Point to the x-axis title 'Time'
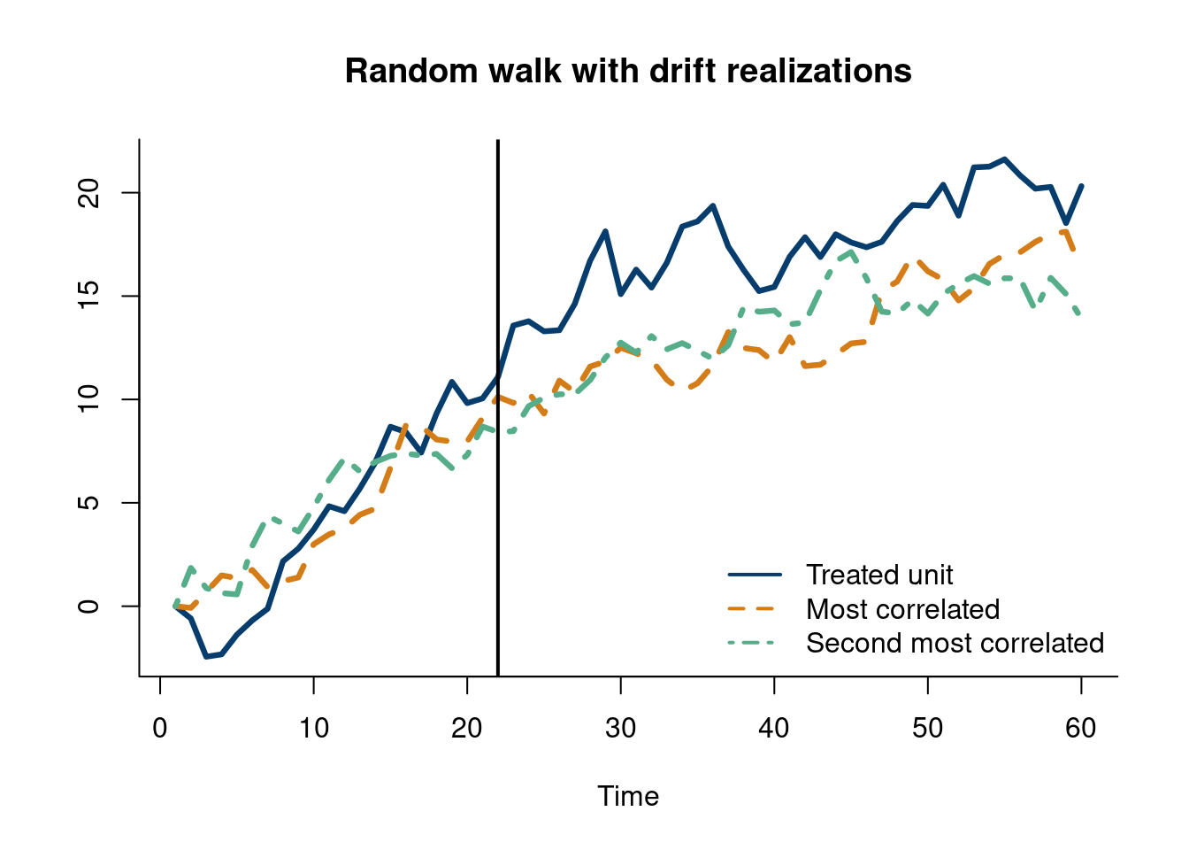click(628, 796)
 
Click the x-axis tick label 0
click(160, 729)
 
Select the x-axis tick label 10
click(313, 729)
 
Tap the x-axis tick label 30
click(620, 729)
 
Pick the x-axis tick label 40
click(774, 729)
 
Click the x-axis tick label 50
click(927, 729)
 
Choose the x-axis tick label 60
click(1081, 729)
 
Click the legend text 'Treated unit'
click(879, 575)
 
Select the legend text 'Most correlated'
click(902, 609)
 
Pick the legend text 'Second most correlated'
click(955, 643)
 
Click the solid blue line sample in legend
click(755, 575)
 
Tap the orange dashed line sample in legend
click(755, 609)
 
